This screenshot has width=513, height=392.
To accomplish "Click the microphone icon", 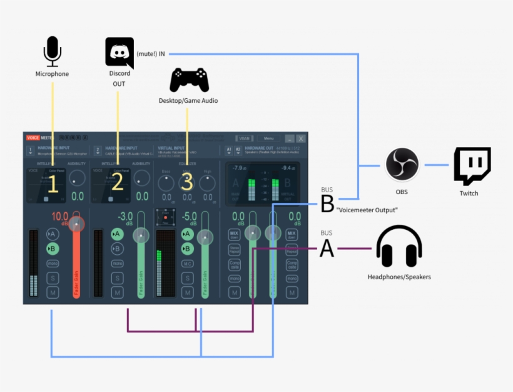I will point(53,51).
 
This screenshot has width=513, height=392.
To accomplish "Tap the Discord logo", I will point(119,53).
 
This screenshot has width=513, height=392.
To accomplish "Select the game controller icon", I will point(189,80).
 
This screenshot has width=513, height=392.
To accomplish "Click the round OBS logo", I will point(402,165).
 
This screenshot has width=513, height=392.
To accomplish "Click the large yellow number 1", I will point(53,183).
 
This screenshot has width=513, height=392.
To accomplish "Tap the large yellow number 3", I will point(187,182).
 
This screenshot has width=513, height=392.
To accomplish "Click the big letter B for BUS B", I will point(327,204).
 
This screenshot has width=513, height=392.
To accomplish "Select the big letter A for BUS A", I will point(327,249).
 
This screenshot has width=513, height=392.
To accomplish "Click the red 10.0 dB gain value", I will point(59,216).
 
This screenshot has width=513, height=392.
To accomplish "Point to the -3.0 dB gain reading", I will point(124,216).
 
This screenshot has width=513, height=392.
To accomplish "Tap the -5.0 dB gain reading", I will point(190,216).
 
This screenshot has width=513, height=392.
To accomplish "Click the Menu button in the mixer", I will point(268,138).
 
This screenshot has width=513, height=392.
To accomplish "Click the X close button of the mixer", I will point(301,138).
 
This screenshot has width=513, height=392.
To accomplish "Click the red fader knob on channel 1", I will point(77,224).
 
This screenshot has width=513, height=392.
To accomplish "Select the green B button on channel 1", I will point(53,249).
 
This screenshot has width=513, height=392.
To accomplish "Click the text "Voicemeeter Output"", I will point(367,210).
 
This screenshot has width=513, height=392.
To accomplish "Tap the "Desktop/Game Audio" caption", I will point(188,100).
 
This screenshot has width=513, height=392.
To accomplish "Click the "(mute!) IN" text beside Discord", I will point(151,54).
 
